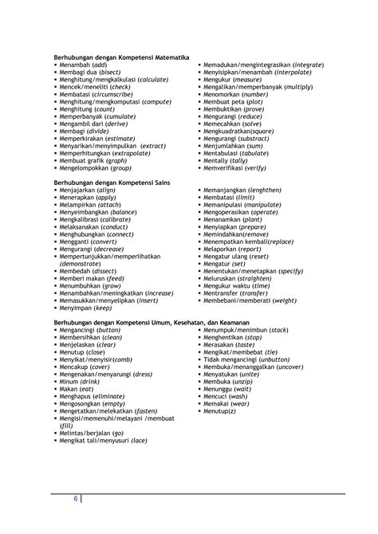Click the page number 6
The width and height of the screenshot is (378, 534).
tap(75, 499)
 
